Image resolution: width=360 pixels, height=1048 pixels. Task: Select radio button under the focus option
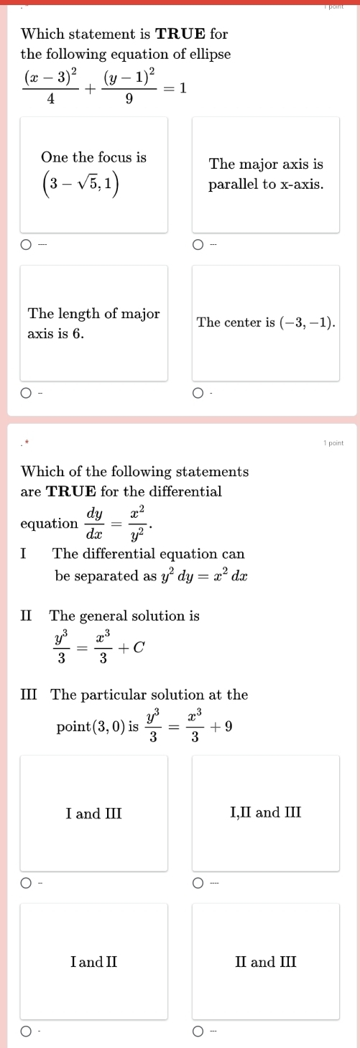(x=26, y=244)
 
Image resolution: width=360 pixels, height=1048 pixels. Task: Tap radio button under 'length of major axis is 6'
(x=26, y=393)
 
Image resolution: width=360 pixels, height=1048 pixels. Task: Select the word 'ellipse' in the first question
(x=209, y=53)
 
